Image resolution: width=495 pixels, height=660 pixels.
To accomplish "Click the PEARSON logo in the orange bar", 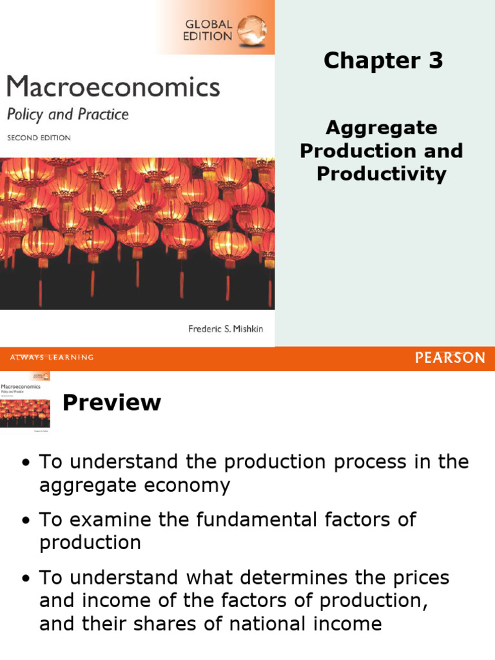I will (450, 358).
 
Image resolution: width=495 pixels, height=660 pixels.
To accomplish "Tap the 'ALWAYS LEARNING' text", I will (52, 358).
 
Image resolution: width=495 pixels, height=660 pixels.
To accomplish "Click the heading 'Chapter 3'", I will (383, 61).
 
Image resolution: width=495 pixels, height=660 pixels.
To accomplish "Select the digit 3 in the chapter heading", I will (436, 61).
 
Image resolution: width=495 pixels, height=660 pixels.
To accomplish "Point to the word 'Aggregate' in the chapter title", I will (381, 128).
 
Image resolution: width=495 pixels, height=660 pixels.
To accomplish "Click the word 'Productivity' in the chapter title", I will (381, 174).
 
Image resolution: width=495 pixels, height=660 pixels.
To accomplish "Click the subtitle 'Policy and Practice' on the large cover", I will (68, 115).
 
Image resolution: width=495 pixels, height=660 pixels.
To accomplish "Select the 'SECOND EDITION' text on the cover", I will (39, 138).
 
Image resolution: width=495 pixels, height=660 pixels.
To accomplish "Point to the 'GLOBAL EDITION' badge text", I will (208, 30).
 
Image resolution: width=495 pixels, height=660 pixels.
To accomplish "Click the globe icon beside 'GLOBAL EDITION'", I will (251, 30).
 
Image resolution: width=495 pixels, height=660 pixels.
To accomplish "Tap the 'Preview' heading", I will (112, 403).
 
